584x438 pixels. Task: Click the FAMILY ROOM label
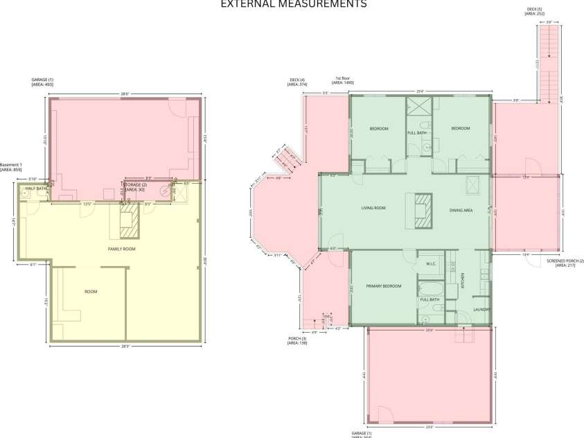tap(121, 248)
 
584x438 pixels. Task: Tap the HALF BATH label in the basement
tap(36, 189)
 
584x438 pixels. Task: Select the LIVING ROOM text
tap(373, 208)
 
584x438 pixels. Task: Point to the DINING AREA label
tap(461, 210)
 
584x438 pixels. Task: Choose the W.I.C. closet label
tap(430, 263)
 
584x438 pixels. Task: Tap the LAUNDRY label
tap(481, 309)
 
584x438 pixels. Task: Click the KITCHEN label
tap(463, 281)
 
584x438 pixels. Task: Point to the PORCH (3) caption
tap(297, 340)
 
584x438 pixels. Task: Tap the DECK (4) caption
tap(297, 82)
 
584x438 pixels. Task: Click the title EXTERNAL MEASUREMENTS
tap(293, 4)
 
